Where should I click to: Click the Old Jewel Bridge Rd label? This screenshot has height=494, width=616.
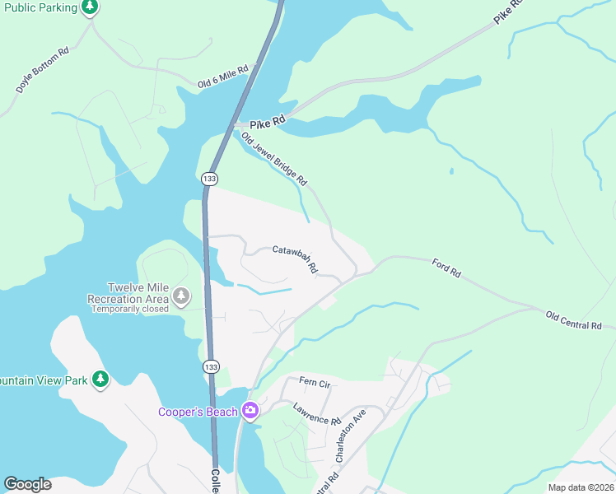tap(274, 158)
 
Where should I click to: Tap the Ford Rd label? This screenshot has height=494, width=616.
tap(446, 267)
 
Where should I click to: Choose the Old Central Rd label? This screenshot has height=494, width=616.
tap(573, 320)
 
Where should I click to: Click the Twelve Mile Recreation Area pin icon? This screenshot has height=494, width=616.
tap(180, 295)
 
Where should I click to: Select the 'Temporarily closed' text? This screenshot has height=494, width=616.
tap(129, 310)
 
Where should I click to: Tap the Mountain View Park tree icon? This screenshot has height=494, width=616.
tap(100, 380)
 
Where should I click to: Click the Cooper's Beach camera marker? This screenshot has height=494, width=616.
tap(250, 412)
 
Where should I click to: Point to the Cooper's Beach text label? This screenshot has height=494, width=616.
tap(198, 412)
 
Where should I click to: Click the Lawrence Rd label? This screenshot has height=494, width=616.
tap(317, 414)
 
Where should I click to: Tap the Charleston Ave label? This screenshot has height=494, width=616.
tap(348, 436)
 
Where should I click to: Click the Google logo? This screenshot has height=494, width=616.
tap(27, 484)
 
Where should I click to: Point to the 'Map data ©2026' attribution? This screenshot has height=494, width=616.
tap(580, 487)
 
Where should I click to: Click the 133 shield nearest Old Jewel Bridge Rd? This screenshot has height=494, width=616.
tap(209, 178)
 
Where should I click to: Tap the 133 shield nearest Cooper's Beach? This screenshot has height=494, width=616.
tap(210, 365)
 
